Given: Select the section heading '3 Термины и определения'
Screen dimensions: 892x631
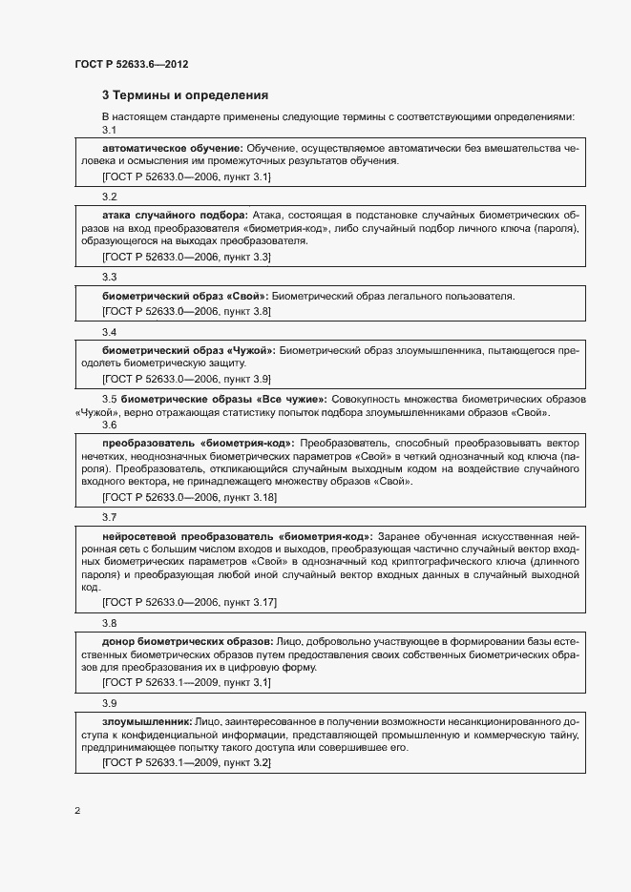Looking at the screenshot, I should [x=184, y=95].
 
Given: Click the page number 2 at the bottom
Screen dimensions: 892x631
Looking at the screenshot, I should [x=76, y=812].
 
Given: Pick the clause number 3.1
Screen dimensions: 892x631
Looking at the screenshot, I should [x=109, y=130].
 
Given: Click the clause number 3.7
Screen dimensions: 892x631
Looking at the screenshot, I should [x=109, y=516].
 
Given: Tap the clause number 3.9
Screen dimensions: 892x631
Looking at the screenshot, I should [x=109, y=703].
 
